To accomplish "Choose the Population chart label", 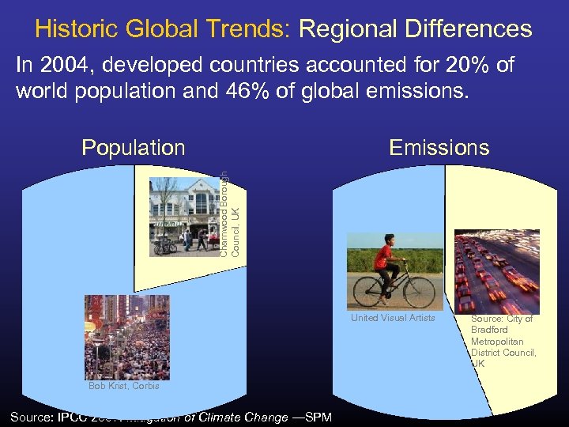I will [x=134, y=148].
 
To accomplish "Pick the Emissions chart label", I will [x=439, y=148].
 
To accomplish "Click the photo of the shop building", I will [x=185, y=215].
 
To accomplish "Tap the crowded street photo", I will [x=126, y=337].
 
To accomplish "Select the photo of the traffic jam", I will [x=496, y=271].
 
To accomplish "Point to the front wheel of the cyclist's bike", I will [x=416, y=292].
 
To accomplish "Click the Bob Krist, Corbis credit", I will [x=124, y=386].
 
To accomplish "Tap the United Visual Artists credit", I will [x=393, y=318].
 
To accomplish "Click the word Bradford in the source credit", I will [x=490, y=330].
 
